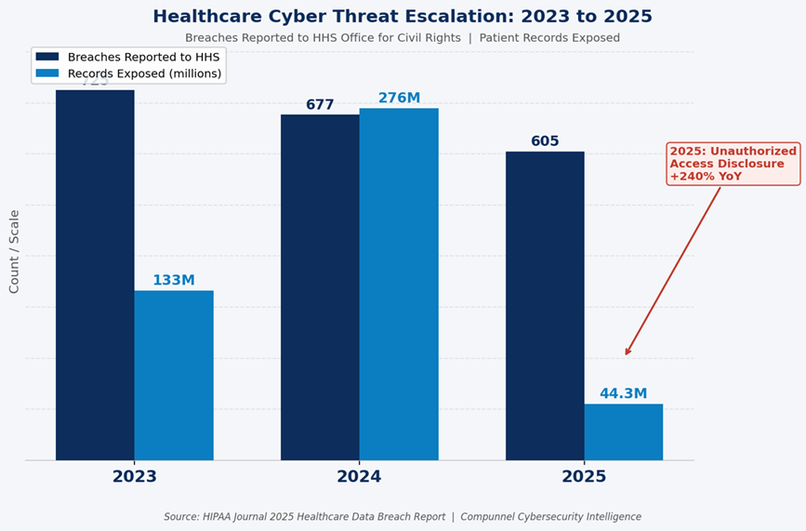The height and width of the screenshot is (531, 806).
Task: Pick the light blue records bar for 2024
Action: (399, 284)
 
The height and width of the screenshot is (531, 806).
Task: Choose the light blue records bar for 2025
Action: (624, 431)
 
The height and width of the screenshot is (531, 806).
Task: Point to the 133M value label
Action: (174, 281)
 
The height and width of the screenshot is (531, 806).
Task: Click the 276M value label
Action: (399, 99)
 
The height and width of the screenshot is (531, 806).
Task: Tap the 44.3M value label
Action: (624, 394)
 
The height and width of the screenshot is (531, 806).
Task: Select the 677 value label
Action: (320, 105)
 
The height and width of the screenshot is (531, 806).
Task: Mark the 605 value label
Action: (545, 141)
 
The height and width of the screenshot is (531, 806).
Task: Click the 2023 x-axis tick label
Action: (135, 477)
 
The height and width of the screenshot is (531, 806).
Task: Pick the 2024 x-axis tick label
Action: (360, 477)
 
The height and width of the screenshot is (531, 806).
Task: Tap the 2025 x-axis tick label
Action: (584, 477)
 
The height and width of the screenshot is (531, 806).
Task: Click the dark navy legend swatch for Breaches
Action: (47, 57)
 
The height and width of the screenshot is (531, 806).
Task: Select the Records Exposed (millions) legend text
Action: (145, 73)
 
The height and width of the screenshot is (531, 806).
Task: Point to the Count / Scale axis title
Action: (14, 251)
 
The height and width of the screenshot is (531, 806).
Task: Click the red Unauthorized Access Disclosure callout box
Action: (733, 164)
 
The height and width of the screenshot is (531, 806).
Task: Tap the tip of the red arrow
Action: (626, 355)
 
